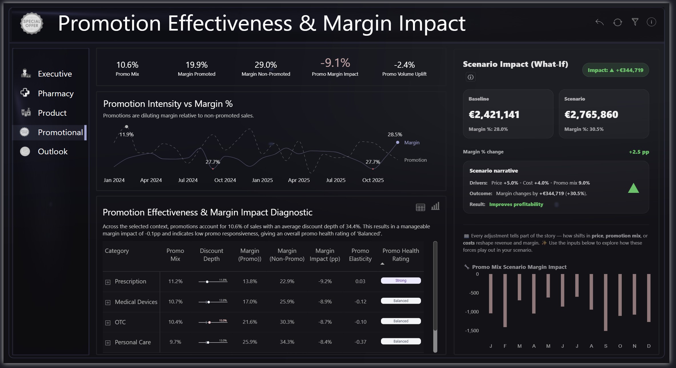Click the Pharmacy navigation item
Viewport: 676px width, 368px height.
[55, 93]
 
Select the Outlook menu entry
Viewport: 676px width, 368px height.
[53, 151]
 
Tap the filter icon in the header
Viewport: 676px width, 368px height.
[635, 22]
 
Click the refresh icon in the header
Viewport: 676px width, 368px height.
[617, 22]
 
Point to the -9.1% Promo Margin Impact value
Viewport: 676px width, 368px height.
[335, 63]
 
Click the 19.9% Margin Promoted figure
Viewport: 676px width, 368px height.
[196, 65]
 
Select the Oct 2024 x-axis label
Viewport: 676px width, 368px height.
[225, 180]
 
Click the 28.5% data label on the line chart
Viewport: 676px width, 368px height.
[395, 135]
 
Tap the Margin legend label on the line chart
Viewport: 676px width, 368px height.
[412, 143]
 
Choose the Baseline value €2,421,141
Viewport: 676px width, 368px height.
[494, 115]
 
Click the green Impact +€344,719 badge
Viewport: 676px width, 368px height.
[615, 70]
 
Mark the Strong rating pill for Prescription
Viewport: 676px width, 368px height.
[401, 281]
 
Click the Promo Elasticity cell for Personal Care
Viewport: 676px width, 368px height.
[360, 342]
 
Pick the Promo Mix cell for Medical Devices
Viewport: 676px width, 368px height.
[175, 302]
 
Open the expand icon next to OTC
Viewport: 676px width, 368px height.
[108, 323]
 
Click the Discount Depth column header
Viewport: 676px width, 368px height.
[211, 255]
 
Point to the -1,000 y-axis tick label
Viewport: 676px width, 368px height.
[472, 312]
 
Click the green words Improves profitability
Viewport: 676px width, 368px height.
[516, 204]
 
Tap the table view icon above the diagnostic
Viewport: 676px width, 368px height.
[420, 207]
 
